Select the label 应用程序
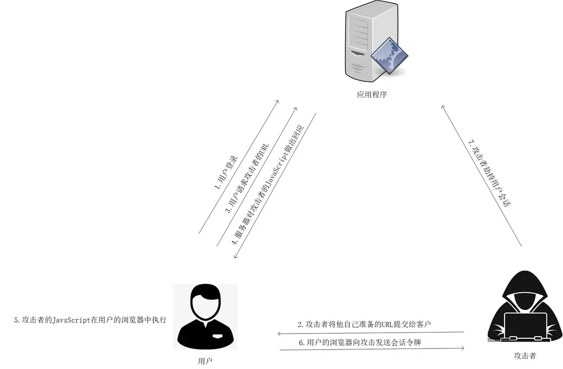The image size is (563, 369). pyautogui.click(x=372, y=94)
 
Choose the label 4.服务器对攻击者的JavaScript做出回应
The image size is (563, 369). pyautogui.click(x=268, y=185)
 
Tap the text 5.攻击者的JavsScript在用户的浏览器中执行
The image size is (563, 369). pyautogui.click(x=90, y=320)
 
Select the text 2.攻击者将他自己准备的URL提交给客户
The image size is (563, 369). pyautogui.click(x=364, y=324)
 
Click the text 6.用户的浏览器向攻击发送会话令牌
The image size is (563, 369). pyautogui.click(x=360, y=342)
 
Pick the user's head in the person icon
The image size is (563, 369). pyautogui.click(x=206, y=301)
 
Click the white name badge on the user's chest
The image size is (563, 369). pyautogui.click(x=218, y=336)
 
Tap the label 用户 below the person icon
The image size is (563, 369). pyautogui.click(x=205, y=361)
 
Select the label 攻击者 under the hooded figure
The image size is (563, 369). pyautogui.click(x=525, y=356)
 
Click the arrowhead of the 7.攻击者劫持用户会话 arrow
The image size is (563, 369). pyautogui.click(x=443, y=107)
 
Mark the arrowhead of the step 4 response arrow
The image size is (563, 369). pyautogui.click(x=235, y=256)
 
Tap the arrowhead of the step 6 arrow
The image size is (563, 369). pyautogui.click(x=463, y=348)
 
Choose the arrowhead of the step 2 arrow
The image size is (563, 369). pyautogui.click(x=279, y=334)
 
